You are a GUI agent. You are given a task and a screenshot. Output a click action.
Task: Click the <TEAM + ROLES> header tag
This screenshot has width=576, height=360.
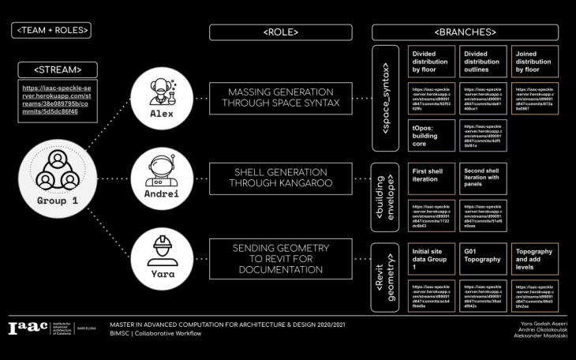[51, 31]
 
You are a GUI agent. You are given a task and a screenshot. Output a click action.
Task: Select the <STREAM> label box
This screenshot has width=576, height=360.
[58, 69]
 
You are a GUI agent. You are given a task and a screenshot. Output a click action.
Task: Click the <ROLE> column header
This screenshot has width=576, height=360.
[280, 32]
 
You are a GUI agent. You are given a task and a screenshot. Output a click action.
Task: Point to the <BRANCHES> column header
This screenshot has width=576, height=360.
[466, 32]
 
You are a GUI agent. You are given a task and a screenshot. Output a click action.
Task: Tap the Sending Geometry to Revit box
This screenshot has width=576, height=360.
[280, 258]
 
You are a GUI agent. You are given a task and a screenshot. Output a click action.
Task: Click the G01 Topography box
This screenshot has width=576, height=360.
[481, 258]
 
